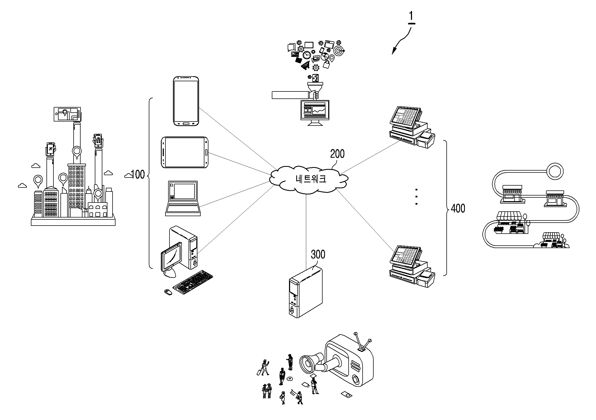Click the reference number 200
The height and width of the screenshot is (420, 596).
tap(337, 154)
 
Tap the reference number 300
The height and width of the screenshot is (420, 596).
tap(318, 254)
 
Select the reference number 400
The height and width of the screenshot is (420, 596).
tap(458, 208)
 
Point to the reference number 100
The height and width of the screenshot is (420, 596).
tap(138, 174)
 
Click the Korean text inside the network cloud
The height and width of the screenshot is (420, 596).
tap(311, 179)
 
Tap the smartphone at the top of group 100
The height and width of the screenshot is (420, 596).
tap(186, 101)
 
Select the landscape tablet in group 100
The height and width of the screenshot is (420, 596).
tap(185, 152)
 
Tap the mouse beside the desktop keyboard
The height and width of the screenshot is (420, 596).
tap(168, 292)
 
